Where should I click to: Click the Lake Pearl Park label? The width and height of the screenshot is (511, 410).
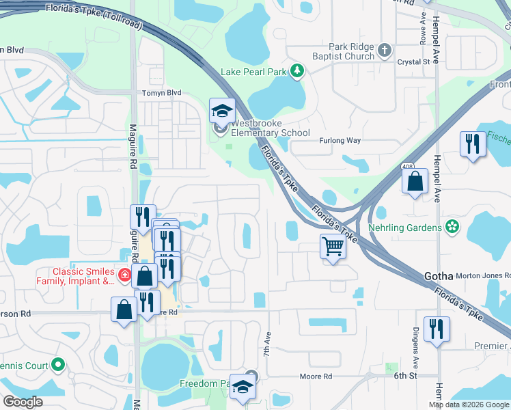pos(253,71)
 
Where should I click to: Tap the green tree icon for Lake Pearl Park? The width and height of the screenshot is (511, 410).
pos(296,70)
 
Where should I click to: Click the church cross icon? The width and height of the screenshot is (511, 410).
pos(385,50)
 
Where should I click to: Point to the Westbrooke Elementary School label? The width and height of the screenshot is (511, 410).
pos(270,128)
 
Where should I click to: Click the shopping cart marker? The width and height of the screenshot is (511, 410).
pos(333,246)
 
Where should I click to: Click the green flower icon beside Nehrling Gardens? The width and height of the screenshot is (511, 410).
pos(451,225)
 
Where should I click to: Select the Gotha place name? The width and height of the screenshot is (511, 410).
pos(439,276)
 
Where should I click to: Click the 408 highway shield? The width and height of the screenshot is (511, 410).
pos(407,166)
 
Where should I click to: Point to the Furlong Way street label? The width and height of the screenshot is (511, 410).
pos(340,140)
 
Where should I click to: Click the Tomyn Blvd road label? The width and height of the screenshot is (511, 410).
pos(161,93)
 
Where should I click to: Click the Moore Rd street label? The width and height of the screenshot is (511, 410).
pos(318,377)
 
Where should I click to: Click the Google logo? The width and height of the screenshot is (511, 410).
pos(23,402)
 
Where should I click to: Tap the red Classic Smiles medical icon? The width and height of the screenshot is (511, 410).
pos(124,275)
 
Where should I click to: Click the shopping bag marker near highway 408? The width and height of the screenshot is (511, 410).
pos(415,182)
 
